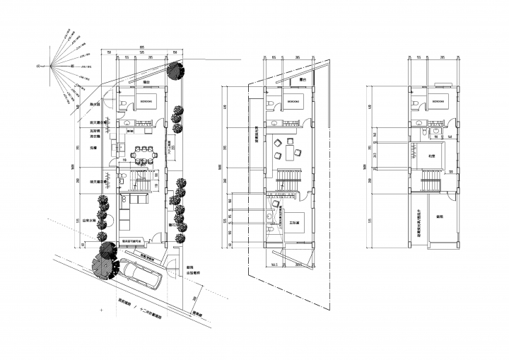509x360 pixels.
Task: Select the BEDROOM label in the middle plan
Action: click(x=292, y=102)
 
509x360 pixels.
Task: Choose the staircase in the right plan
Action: click(x=431, y=182)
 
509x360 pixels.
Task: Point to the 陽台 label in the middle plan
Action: click(x=303, y=80)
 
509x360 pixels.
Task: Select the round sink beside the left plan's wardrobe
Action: click(x=129, y=132)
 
